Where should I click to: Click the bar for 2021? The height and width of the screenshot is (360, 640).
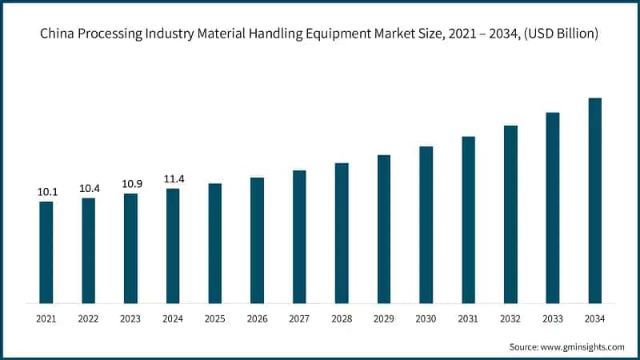point(46,252)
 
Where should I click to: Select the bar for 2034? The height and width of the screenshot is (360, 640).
point(595,200)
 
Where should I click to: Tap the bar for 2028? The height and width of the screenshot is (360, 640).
point(342,233)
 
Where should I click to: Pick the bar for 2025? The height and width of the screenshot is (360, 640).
point(215,243)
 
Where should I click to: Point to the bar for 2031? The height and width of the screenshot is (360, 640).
point(469,219)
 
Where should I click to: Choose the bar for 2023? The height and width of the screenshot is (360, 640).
point(130,248)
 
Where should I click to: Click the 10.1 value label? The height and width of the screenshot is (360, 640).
point(46,192)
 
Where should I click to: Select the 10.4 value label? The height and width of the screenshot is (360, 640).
point(89,188)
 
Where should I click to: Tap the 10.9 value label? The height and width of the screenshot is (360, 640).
point(130,184)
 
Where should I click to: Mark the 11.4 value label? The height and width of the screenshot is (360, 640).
point(173,179)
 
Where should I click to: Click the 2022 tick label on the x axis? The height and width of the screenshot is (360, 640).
point(89,319)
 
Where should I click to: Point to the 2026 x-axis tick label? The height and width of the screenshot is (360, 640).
point(257,319)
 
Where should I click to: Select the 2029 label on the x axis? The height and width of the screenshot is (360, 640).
point(384,319)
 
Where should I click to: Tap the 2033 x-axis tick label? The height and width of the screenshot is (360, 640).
point(553,319)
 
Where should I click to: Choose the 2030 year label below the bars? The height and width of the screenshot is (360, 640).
point(426,319)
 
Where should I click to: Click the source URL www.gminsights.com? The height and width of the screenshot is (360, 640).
point(583,346)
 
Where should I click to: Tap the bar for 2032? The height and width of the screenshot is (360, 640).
point(510,214)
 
